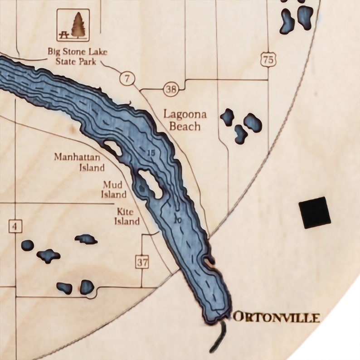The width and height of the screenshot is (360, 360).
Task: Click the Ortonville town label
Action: point(276,317)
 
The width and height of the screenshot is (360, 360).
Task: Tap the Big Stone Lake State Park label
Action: point(78,57)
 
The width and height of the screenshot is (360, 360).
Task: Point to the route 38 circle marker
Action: point(171,89)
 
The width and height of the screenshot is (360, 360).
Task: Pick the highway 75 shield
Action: point(268,59)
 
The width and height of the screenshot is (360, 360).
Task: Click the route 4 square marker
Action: point(15,226)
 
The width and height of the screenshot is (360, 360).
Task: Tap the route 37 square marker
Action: point(142,261)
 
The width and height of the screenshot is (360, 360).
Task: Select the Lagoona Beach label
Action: point(185,120)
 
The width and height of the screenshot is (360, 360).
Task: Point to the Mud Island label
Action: point(114,190)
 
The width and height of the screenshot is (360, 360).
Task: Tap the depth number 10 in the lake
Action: point(177,220)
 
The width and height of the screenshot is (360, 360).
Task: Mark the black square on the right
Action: point(315,212)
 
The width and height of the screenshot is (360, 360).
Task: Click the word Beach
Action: point(185,126)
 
